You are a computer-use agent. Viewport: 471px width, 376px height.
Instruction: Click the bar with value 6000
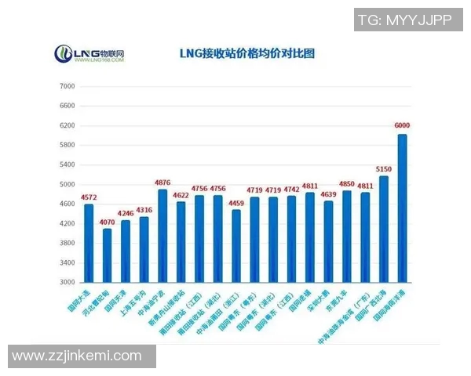[x=402, y=208]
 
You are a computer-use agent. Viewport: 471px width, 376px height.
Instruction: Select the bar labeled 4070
[x=107, y=255]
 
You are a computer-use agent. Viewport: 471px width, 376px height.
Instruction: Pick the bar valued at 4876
[x=162, y=236]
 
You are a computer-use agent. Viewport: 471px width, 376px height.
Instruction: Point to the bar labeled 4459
[x=236, y=246]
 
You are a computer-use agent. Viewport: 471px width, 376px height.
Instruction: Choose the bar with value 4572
[x=89, y=243]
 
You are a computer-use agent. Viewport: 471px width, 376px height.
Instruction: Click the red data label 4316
[x=144, y=209]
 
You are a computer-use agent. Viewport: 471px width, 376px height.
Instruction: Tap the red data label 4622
[x=181, y=194]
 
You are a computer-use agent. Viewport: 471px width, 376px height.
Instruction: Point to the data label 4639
[x=328, y=193]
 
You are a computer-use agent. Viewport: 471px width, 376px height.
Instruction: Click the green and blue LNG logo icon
[x=63, y=54]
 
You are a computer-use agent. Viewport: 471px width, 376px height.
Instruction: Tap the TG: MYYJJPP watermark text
[x=404, y=21]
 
